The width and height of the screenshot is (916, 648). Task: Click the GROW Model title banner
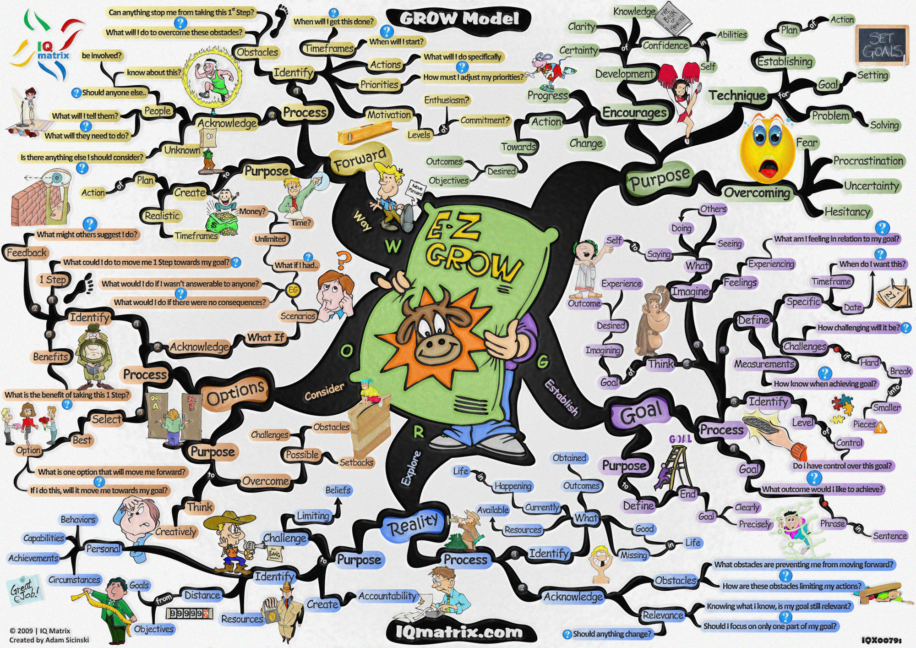click(x=458, y=19)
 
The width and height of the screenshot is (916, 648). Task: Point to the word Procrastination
click(x=868, y=161)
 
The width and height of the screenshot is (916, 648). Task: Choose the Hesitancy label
click(x=847, y=212)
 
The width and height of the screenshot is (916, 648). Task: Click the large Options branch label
click(x=235, y=393)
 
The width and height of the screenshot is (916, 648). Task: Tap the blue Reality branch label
click(x=413, y=524)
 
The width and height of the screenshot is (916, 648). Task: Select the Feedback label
click(x=27, y=253)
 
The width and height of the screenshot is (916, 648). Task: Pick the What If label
click(x=266, y=338)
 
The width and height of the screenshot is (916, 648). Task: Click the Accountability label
click(x=387, y=596)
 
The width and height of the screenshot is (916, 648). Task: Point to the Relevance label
click(x=662, y=615)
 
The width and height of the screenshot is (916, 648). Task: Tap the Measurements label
click(x=764, y=364)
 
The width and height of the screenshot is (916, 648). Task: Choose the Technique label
click(x=737, y=95)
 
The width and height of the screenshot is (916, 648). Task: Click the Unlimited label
click(x=270, y=239)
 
